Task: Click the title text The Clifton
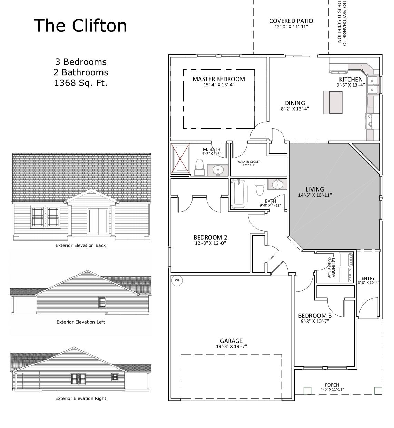click(x=80, y=26)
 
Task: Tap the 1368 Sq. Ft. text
click(x=81, y=83)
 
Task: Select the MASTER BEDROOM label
click(x=219, y=79)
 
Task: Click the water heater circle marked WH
click(x=177, y=280)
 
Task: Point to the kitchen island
click(x=333, y=102)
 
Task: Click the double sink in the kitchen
click(x=373, y=85)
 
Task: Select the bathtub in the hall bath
click(x=238, y=194)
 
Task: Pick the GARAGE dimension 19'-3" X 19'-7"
click(x=231, y=346)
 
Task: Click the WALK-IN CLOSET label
click(x=248, y=162)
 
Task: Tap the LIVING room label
click(x=315, y=189)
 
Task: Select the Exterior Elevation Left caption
click(x=81, y=322)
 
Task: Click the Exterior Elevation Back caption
click(x=81, y=245)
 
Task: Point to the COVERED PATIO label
click(x=291, y=21)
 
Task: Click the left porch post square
click(x=307, y=391)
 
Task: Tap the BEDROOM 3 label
click(x=315, y=316)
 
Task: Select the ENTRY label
click(x=368, y=278)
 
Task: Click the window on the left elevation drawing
click(x=102, y=303)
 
